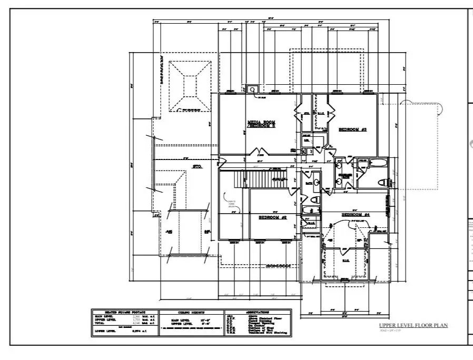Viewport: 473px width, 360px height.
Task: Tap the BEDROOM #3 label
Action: (x=352, y=129)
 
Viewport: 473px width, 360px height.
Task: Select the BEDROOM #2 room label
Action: (x=272, y=217)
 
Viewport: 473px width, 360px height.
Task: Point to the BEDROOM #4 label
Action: (x=356, y=215)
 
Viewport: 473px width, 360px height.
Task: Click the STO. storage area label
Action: (x=198, y=166)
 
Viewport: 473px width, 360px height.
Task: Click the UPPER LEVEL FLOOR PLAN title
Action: (x=413, y=325)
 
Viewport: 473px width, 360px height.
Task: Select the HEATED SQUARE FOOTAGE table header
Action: (x=124, y=312)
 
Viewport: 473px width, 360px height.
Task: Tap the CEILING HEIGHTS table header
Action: (x=191, y=312)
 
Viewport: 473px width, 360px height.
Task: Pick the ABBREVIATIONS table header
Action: (x=258, y=312)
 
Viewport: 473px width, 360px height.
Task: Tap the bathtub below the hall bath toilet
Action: (x=311, y=213)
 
